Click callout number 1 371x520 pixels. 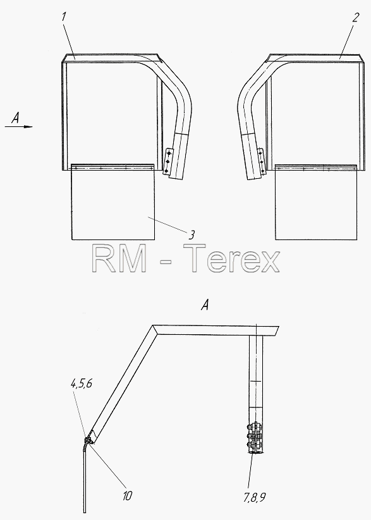point(64,16)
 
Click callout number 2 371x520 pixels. point(355,17)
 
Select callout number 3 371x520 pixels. point(192,235)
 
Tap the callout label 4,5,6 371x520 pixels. point(82,384)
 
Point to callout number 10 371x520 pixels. point(127,496)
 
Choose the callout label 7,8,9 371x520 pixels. point(255,497)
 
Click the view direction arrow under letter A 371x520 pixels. point(19,126)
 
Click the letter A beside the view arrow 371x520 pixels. point(16,118)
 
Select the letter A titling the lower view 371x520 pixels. point(205,305)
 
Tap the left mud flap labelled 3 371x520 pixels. point(113,202)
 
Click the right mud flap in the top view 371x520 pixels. point(316,202)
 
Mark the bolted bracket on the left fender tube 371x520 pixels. point(168,162)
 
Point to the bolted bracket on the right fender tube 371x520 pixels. point(262,161)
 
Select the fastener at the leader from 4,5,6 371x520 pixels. point(88,441)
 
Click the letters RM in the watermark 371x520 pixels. point(119,258)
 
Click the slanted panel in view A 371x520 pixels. point(123,384)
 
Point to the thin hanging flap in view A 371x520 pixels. point(85,478)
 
